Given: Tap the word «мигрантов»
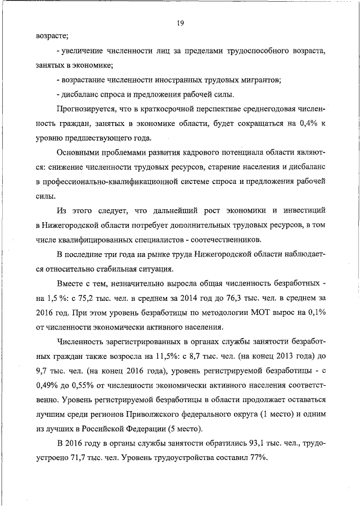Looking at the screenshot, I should (x=259, y=80).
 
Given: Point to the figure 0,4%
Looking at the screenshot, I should (x=302, y=124).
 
